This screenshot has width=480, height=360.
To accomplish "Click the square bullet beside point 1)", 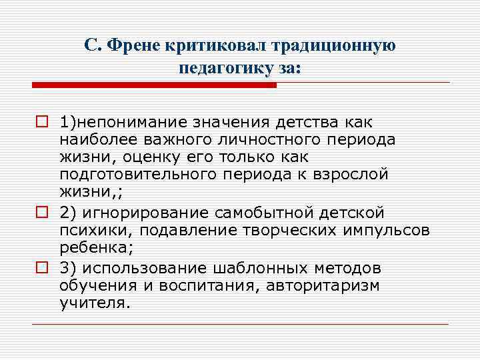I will pos(41,123).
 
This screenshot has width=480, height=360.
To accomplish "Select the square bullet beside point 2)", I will pos(41,213).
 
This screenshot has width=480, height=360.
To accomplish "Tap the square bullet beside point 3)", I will pos(41,268).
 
